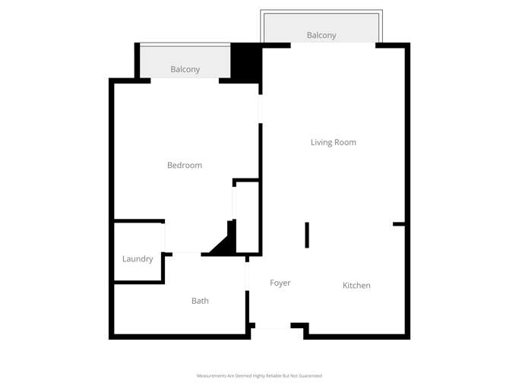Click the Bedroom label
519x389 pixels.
click(185, 165)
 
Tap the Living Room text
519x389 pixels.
click(333, 142)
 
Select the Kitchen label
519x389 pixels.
click(356, 286)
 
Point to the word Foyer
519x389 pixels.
click(280, 283)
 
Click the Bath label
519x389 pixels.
click(200, 301)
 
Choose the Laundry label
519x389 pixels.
click(138, 259)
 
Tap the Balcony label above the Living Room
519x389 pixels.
click(321, 35)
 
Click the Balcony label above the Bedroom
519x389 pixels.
click(185, 69)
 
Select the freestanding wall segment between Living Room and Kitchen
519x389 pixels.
click(307, 235)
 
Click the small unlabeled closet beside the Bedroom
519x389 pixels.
click(247, 217)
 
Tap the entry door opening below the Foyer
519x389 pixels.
click(273, 327)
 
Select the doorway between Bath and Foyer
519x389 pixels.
click(246, 276)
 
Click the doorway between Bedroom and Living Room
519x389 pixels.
click(260, 109)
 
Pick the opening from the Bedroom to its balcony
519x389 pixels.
click(185, 80)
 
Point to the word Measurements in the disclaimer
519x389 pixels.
click(212, 375)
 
